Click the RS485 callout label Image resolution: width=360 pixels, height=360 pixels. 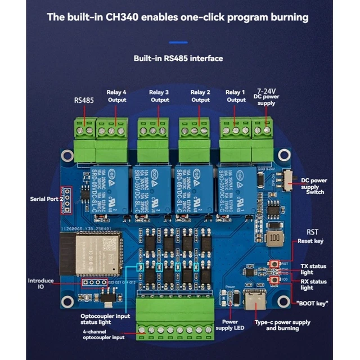(84, 101)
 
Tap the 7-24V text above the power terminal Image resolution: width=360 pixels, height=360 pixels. (265, 90)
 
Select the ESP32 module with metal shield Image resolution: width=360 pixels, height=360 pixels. (90, 253)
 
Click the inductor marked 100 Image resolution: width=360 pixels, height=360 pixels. (274, 238)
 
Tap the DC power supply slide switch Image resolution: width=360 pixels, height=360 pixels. (289, 179)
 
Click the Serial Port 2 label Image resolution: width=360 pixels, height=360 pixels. (46, 199)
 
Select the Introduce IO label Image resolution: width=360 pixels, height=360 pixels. (41, 283)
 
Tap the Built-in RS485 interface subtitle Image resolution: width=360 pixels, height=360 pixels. (178, 58)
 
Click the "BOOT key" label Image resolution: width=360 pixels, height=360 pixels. (311, 304)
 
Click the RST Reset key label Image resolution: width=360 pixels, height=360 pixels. (313, 236)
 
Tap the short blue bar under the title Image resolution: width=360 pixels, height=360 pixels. (179, 42)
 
